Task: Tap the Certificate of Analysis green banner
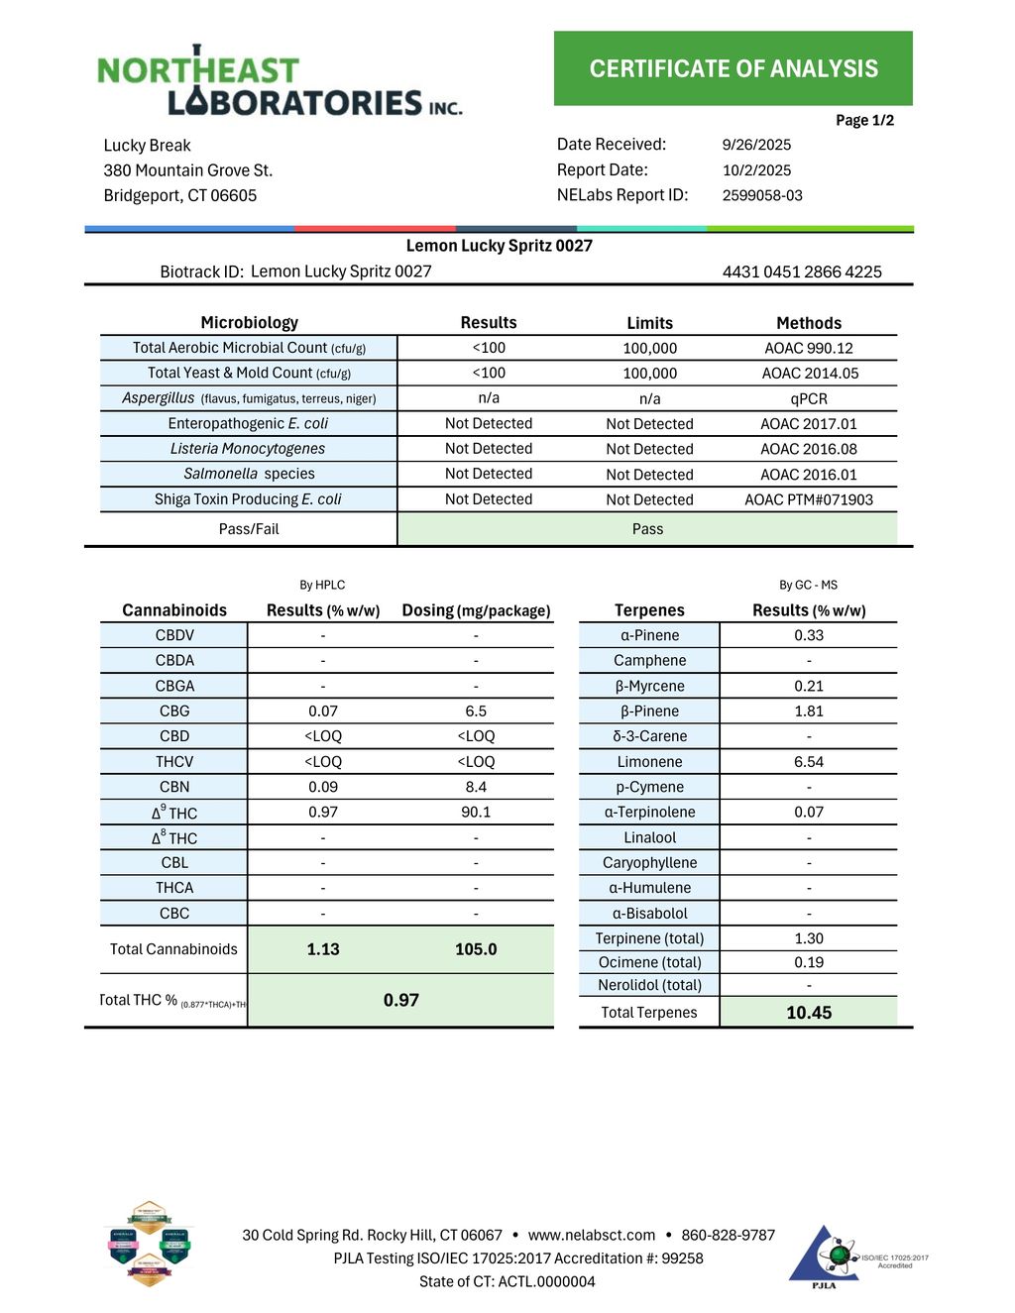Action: click(x=733, y=68)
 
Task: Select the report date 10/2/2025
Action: click(x=756, y=170)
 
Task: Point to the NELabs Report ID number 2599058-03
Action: click(x=762, y=195)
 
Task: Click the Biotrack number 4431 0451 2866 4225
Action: click(x=802, y=272)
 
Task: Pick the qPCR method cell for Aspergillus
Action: click(x=809, y=398)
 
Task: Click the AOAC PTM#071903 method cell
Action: click(x=809, y=499)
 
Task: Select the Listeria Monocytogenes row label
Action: click(x=248, y=449)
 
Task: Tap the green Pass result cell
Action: click(x=647, y=529)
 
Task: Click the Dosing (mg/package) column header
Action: click(x=476, y=610)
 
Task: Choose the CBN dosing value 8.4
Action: click(x=476, y=787)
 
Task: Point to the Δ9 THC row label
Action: click(x=174, y=813)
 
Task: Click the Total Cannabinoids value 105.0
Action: click(x=476, y=949)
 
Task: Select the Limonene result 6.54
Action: click(x=809, y=762)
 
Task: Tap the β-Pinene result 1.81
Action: click(x=809, y=711)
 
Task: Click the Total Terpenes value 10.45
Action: click(x=809, y=1013)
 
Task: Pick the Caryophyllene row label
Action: click(x=649, y=863)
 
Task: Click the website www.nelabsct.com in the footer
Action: click(x=592, y=1235)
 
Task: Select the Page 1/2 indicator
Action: click(x=864, y=121)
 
